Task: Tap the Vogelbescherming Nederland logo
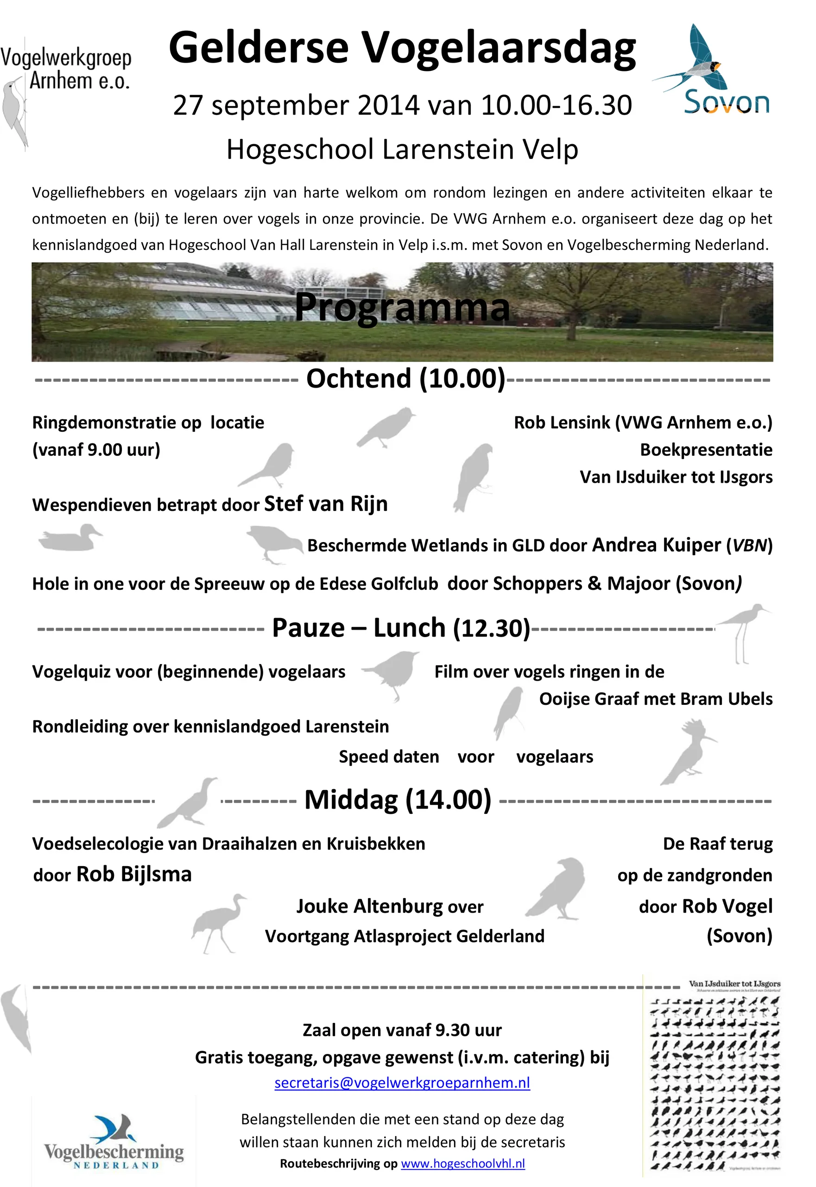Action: [x=114, y=1142]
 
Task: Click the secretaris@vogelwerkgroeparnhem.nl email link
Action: [x=402, y=1083]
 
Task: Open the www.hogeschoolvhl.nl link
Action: [x=463, y=1163]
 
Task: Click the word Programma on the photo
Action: [x=402, y=307]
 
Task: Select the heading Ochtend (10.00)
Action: [x=405, y=379]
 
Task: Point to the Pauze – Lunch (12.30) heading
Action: [x=401, y=628]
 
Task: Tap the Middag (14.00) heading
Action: [x=398, y=800]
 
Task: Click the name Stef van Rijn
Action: [x=326, y=504]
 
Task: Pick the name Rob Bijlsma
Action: [x=134, y=874]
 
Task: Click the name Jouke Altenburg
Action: [x=364, y=906]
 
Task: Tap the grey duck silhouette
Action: [x=70, y=538]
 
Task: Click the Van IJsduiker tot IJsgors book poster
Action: [x=715, y=1077]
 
